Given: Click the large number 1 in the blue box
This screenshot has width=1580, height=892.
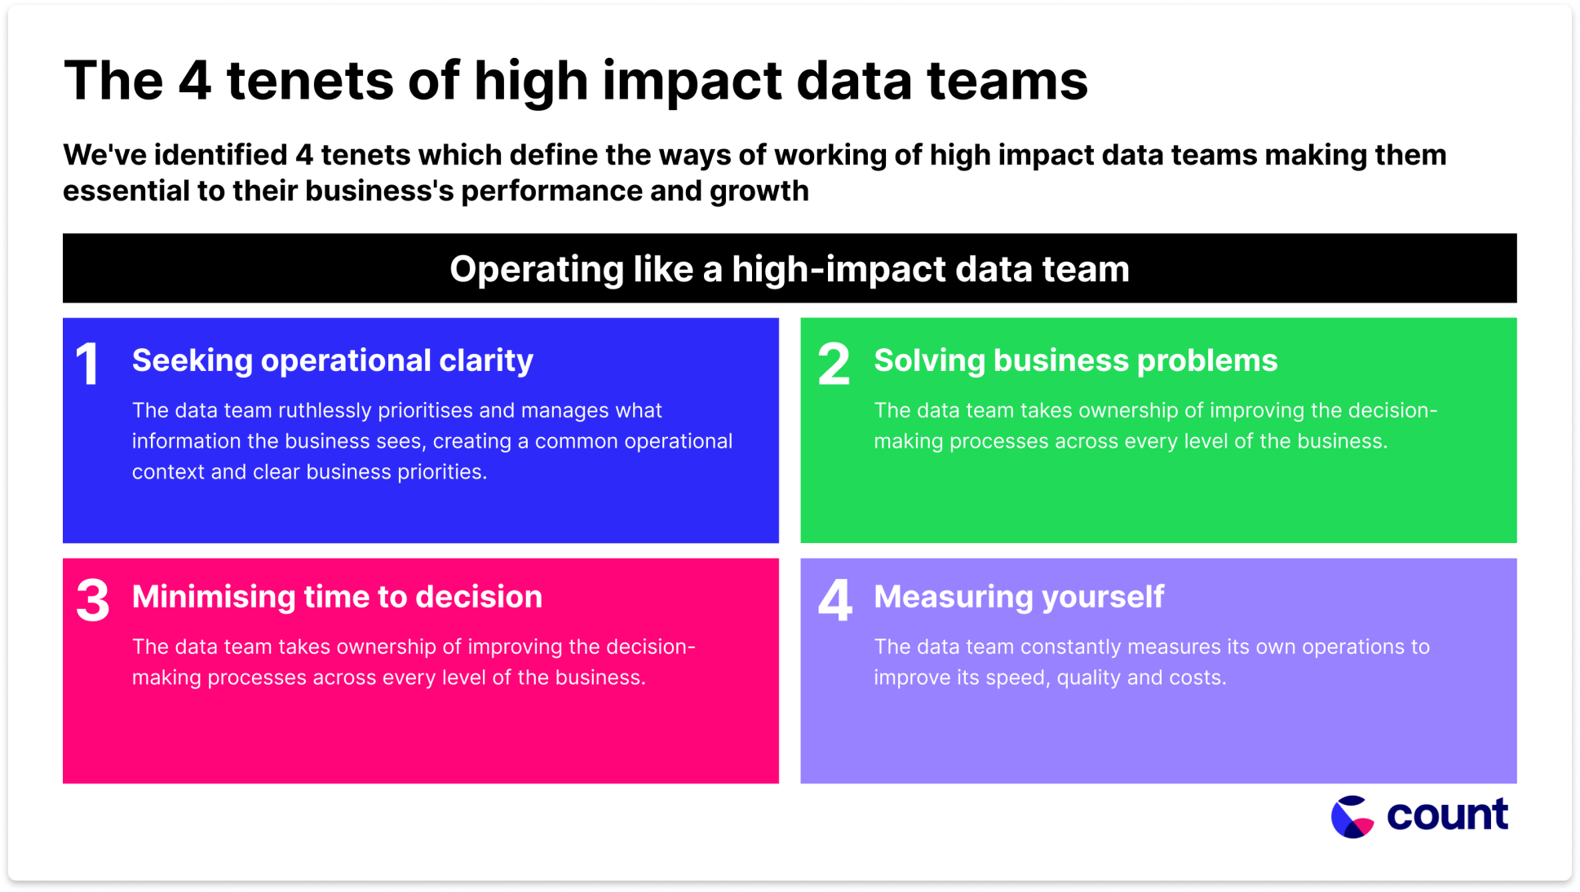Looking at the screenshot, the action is tap(87, 363).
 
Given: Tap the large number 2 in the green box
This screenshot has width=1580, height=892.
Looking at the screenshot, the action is tap(834, 364).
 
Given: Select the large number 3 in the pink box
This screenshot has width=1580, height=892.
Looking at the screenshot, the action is tap(92, 600).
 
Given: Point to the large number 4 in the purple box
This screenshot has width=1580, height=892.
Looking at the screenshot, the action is tap(835, 600).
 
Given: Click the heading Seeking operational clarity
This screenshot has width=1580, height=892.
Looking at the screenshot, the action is tap(333, 360).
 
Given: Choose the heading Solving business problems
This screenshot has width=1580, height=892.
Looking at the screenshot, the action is tap(1076, 360).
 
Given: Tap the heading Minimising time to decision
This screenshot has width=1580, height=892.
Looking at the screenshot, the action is tap(337, 597).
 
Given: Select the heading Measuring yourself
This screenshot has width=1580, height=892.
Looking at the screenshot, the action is tap(1019, 597).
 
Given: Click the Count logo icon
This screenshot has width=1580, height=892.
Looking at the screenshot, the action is tap(1352, 816).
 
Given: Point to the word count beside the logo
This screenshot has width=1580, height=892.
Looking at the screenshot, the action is tap(1448, 815).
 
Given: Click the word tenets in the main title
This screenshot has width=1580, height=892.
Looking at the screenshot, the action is tap(310, 81).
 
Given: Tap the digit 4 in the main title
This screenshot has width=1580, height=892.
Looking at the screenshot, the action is tap(195, 81).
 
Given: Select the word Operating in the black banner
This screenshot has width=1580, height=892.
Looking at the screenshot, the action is tap(536, 270).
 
